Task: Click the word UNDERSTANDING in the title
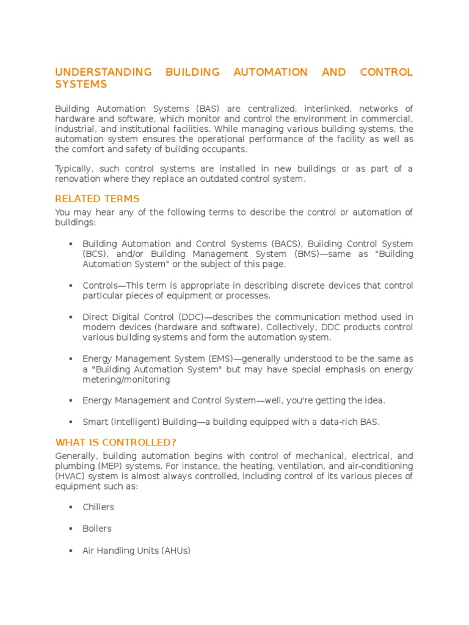104,72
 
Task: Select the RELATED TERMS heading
97,198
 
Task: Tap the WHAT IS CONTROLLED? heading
115,442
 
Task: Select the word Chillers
98,507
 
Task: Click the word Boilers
97,529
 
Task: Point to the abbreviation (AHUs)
176,551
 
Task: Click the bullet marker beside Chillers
71,507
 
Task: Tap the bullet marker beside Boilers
71,529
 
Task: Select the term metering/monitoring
126,379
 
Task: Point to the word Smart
95,422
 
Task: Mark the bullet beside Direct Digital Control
71,317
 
